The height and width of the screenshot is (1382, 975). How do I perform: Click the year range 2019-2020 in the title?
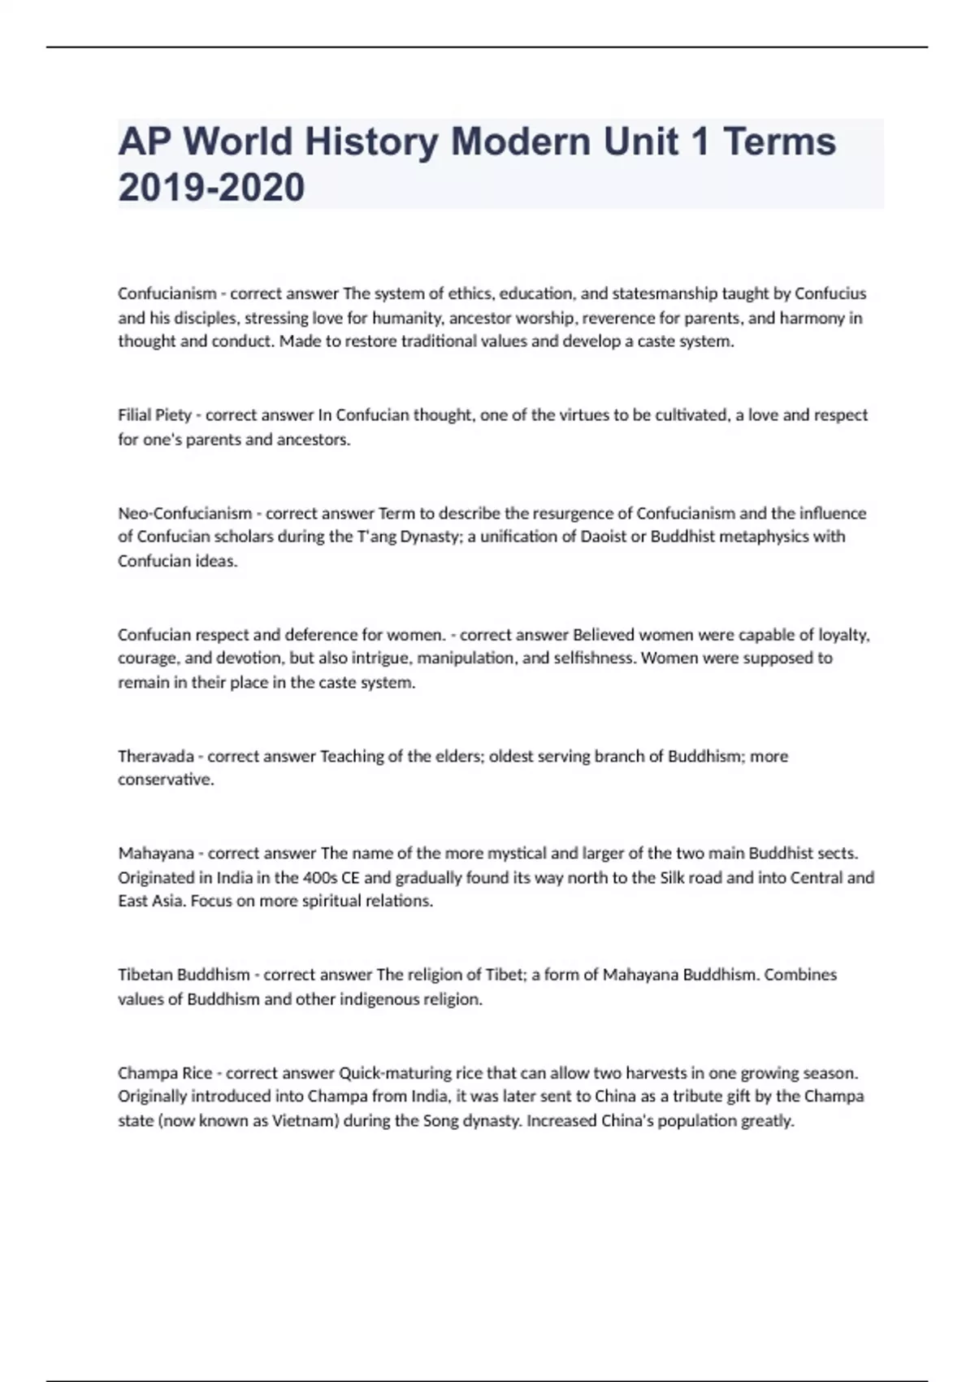pyautogui.click(x=211, y=187)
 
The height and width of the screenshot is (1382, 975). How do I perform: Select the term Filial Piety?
pyautogui.click(x=154, y=415)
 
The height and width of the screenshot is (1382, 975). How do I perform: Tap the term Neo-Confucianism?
pyautogui.click(x=184, y=513)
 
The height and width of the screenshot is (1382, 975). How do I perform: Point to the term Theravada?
pyautogui.click(x=155, y=756)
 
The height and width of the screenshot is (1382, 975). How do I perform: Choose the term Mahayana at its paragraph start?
pyautogui.click(x=156, y=853)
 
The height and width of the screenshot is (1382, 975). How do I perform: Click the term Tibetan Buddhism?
pyautogui.click(x=184, y=974)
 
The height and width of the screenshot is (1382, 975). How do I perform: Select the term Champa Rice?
pyautogui.click(x=165, y=1072)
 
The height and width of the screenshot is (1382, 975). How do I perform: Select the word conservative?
pyautogui.click(x=165, y=780)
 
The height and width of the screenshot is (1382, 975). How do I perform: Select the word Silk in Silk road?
pyautogui.click(x=674, y=877)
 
